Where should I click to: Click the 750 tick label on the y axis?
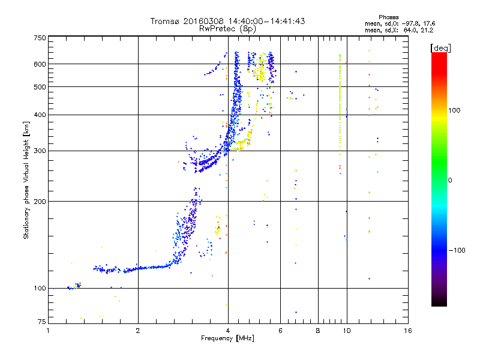pyautogui.click(x=40, y=38)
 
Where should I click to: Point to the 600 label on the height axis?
pyautogui.click(x=40, y=64)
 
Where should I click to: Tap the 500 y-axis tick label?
pyautogui.click(x=40, y=87)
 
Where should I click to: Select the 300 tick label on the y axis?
pyautogui.click(x=40, y=151)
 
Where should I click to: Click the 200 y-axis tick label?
pyautogui.click(x=40, y=202)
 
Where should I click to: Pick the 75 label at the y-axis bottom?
pyautogui.click(x=42, y=322)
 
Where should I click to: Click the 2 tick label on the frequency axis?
pyautogui.click(x=138, y=331)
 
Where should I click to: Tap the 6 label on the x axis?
pyautogui.click(x=280, y=331)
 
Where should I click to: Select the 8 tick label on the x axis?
pyautogui.click(x=318, y=331)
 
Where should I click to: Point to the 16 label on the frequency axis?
pyautogui.click(x=408, y=331)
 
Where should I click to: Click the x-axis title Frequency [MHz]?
pyautogui.click(x=227, y=338)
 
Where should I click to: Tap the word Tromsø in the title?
pyautogui.click(x=165, y=21)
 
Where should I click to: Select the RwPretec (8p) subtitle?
pyautogui.click(x=227, y=29)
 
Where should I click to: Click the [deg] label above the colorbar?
pyautogui.click(x=440, y=48)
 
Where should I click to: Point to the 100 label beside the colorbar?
pyautogui.click(x=454, y=110)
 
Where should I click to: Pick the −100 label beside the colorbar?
pyautogui.click(x=457, y=250)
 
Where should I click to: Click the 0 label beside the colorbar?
pyautogui.click(x=450, y=181)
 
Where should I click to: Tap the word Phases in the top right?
pyautogui.click(x=388, y=17)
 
